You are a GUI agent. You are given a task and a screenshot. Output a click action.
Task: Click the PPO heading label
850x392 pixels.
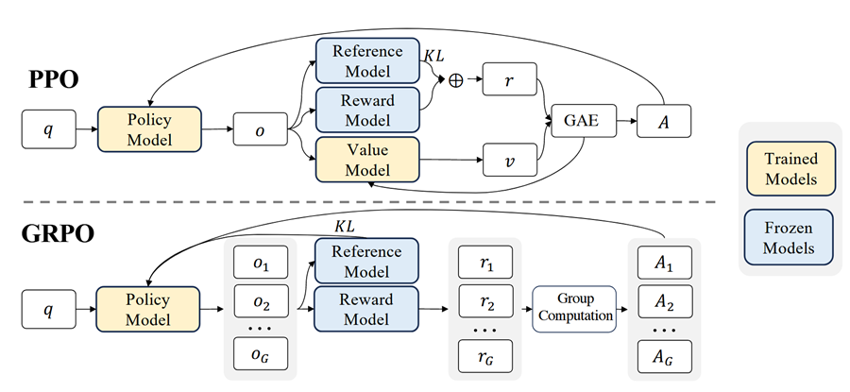pyautogui.click(x=54, y=79)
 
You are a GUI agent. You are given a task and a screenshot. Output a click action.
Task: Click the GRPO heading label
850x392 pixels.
pyautogui.click(x=58, y=234)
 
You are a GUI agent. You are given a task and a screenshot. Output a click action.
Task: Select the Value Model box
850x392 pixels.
pyautogui.click(x=367, y=160)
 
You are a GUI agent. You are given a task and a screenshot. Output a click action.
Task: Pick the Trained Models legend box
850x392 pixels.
pyautogui.click(x=790, y=169)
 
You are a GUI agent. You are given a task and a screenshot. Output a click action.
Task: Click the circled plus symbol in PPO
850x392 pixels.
pyautogui.click(x=456, y=80)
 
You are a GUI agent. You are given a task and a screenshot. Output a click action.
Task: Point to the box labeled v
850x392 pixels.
pyautogui.click(x=510, y=160)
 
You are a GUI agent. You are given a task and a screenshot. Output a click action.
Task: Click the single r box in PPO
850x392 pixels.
pyautogui.click(x=510, y=79)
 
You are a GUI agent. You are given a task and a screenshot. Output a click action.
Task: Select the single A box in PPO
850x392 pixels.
pyautogui.click(x=664, y=121)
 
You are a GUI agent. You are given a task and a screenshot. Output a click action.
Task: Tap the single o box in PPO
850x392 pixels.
pyautogui.click(x=261, y=129)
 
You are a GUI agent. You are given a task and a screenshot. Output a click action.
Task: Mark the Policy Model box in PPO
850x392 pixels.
pyautogui.click(x=149, y=129)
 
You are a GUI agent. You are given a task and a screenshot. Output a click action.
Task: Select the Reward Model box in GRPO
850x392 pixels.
pyautogui.click(x=366, y=309)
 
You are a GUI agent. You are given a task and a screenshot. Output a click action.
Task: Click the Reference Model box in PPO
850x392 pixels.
pyautogui.click(x=367, y=60)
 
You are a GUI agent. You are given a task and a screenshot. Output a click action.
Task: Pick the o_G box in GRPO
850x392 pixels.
pyautogui.click(x=261, y=353)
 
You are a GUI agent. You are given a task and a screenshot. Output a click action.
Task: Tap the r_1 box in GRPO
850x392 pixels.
pyautogui.click(x=485, y=263)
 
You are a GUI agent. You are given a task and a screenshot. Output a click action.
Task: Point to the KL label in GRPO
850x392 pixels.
pyautogui.click(x=343, y=227)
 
